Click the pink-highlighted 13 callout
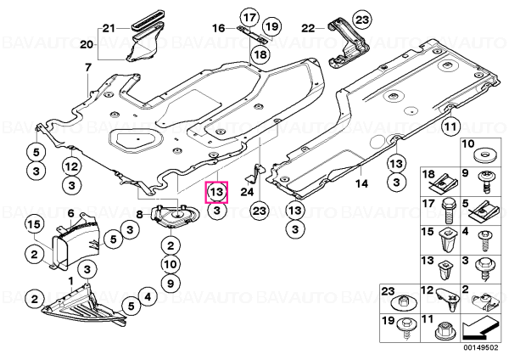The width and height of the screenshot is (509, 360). pos(216,192)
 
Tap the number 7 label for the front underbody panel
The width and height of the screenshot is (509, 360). pos(88,68)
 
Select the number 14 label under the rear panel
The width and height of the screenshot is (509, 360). pos(361,184)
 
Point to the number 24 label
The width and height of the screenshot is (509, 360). pos(247,192)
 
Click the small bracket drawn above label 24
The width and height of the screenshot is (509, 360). pos(256,172)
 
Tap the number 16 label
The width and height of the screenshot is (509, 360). pos(219,28)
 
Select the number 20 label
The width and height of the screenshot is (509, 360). pos(87,44)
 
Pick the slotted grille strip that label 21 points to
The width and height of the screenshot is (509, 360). pos(148,25)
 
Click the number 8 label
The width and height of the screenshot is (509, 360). pos(139,215)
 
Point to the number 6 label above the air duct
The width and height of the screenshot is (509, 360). pos(70,213)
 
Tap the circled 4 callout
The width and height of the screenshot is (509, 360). pos(148,296)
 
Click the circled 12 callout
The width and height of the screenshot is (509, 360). pos(72,166)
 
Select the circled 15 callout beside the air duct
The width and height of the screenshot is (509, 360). pos(35,225)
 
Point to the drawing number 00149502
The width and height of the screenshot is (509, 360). pos(480,348)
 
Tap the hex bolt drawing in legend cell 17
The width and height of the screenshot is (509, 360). pos(448,211)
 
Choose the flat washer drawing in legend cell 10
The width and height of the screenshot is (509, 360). pos(484,155)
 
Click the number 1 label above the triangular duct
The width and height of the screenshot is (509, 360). pos(70,280)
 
